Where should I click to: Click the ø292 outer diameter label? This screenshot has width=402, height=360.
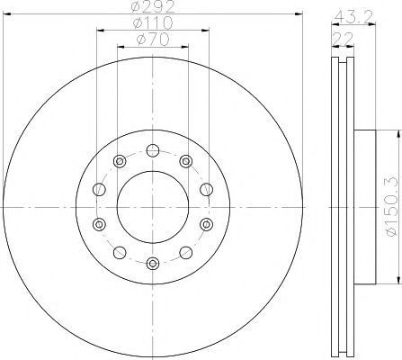pos(153,6)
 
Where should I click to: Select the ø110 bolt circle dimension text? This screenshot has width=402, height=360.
pos(153,23)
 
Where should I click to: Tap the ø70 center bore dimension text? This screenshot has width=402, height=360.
pos(153,40)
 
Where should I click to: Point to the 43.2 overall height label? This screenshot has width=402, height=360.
pos(353,16)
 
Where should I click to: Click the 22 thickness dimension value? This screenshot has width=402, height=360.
pos(343,39)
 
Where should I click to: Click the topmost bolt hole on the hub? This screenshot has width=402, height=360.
pos(153,150)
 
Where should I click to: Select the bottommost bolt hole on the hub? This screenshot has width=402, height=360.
pos(153,264)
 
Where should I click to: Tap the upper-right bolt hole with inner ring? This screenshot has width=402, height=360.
pos(186,161)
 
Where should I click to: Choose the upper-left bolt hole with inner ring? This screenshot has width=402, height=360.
pos(120,161)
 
